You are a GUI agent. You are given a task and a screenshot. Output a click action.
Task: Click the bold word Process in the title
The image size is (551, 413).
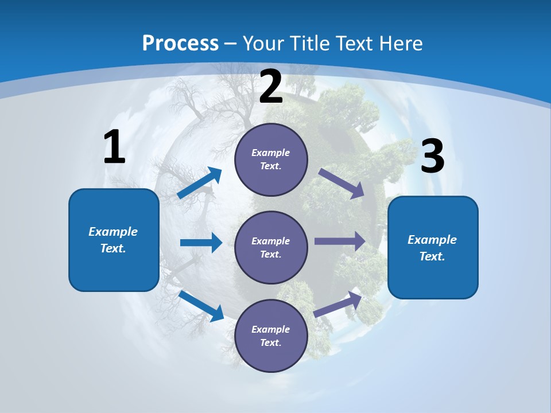click(x=180, y=43)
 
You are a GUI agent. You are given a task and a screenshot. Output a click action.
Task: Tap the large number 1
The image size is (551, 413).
click(x=114, y=147)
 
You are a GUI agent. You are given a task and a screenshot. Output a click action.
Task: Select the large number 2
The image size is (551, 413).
click(x=271, y=87)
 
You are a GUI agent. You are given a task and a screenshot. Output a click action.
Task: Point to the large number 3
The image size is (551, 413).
click(x=432, y=156)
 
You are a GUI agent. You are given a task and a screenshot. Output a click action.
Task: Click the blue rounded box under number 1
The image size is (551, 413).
click(x=114, y=240)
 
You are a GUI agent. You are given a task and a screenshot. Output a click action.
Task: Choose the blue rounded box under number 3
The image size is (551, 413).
click(x=433, y=247)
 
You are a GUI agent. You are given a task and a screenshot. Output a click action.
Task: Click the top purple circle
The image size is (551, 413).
click(x=271, y=159)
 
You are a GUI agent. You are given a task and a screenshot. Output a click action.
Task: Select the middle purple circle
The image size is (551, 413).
click(x=271, y=247)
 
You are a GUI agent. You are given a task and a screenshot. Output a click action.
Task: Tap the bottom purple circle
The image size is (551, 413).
click(x=271, y=336)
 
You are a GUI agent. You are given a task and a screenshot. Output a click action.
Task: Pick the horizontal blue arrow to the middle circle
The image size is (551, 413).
click(x=201, y=243)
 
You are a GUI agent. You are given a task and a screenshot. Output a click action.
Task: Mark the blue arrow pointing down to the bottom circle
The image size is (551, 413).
click(x=201, y=306)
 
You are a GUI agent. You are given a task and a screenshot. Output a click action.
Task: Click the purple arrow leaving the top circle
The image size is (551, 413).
click(x=342, y=183)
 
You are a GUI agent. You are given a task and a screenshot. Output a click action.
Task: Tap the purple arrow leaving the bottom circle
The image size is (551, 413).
click(x=338, y=304)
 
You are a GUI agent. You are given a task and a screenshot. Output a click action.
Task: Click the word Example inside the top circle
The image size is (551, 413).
click(x=271, y=153)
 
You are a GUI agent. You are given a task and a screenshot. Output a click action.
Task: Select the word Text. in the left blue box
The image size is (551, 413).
click(x=113, y=248)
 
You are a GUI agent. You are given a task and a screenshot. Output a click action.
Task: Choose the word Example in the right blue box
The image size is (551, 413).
click(x=432, y=240)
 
